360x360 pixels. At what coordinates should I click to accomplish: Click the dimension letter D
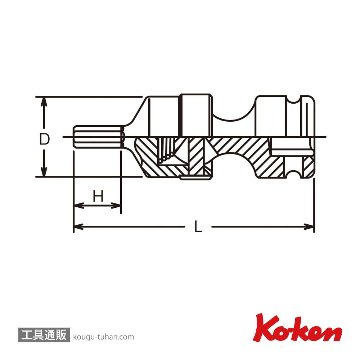coord(44,139)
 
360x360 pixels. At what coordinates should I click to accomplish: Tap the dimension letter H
coord(98,197)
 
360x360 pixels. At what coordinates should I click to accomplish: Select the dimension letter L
coord(198,227)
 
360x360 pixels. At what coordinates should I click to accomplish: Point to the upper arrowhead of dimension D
coord(43,103)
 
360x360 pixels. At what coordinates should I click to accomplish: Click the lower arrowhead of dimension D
coord(43,171)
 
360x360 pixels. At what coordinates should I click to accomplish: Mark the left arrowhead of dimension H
coord(79,205)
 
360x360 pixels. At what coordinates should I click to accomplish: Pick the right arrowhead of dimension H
coord(114,205)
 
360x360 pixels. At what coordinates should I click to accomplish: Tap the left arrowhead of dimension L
coord(79,227)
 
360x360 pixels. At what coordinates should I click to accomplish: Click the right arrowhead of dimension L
coord(308,227)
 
